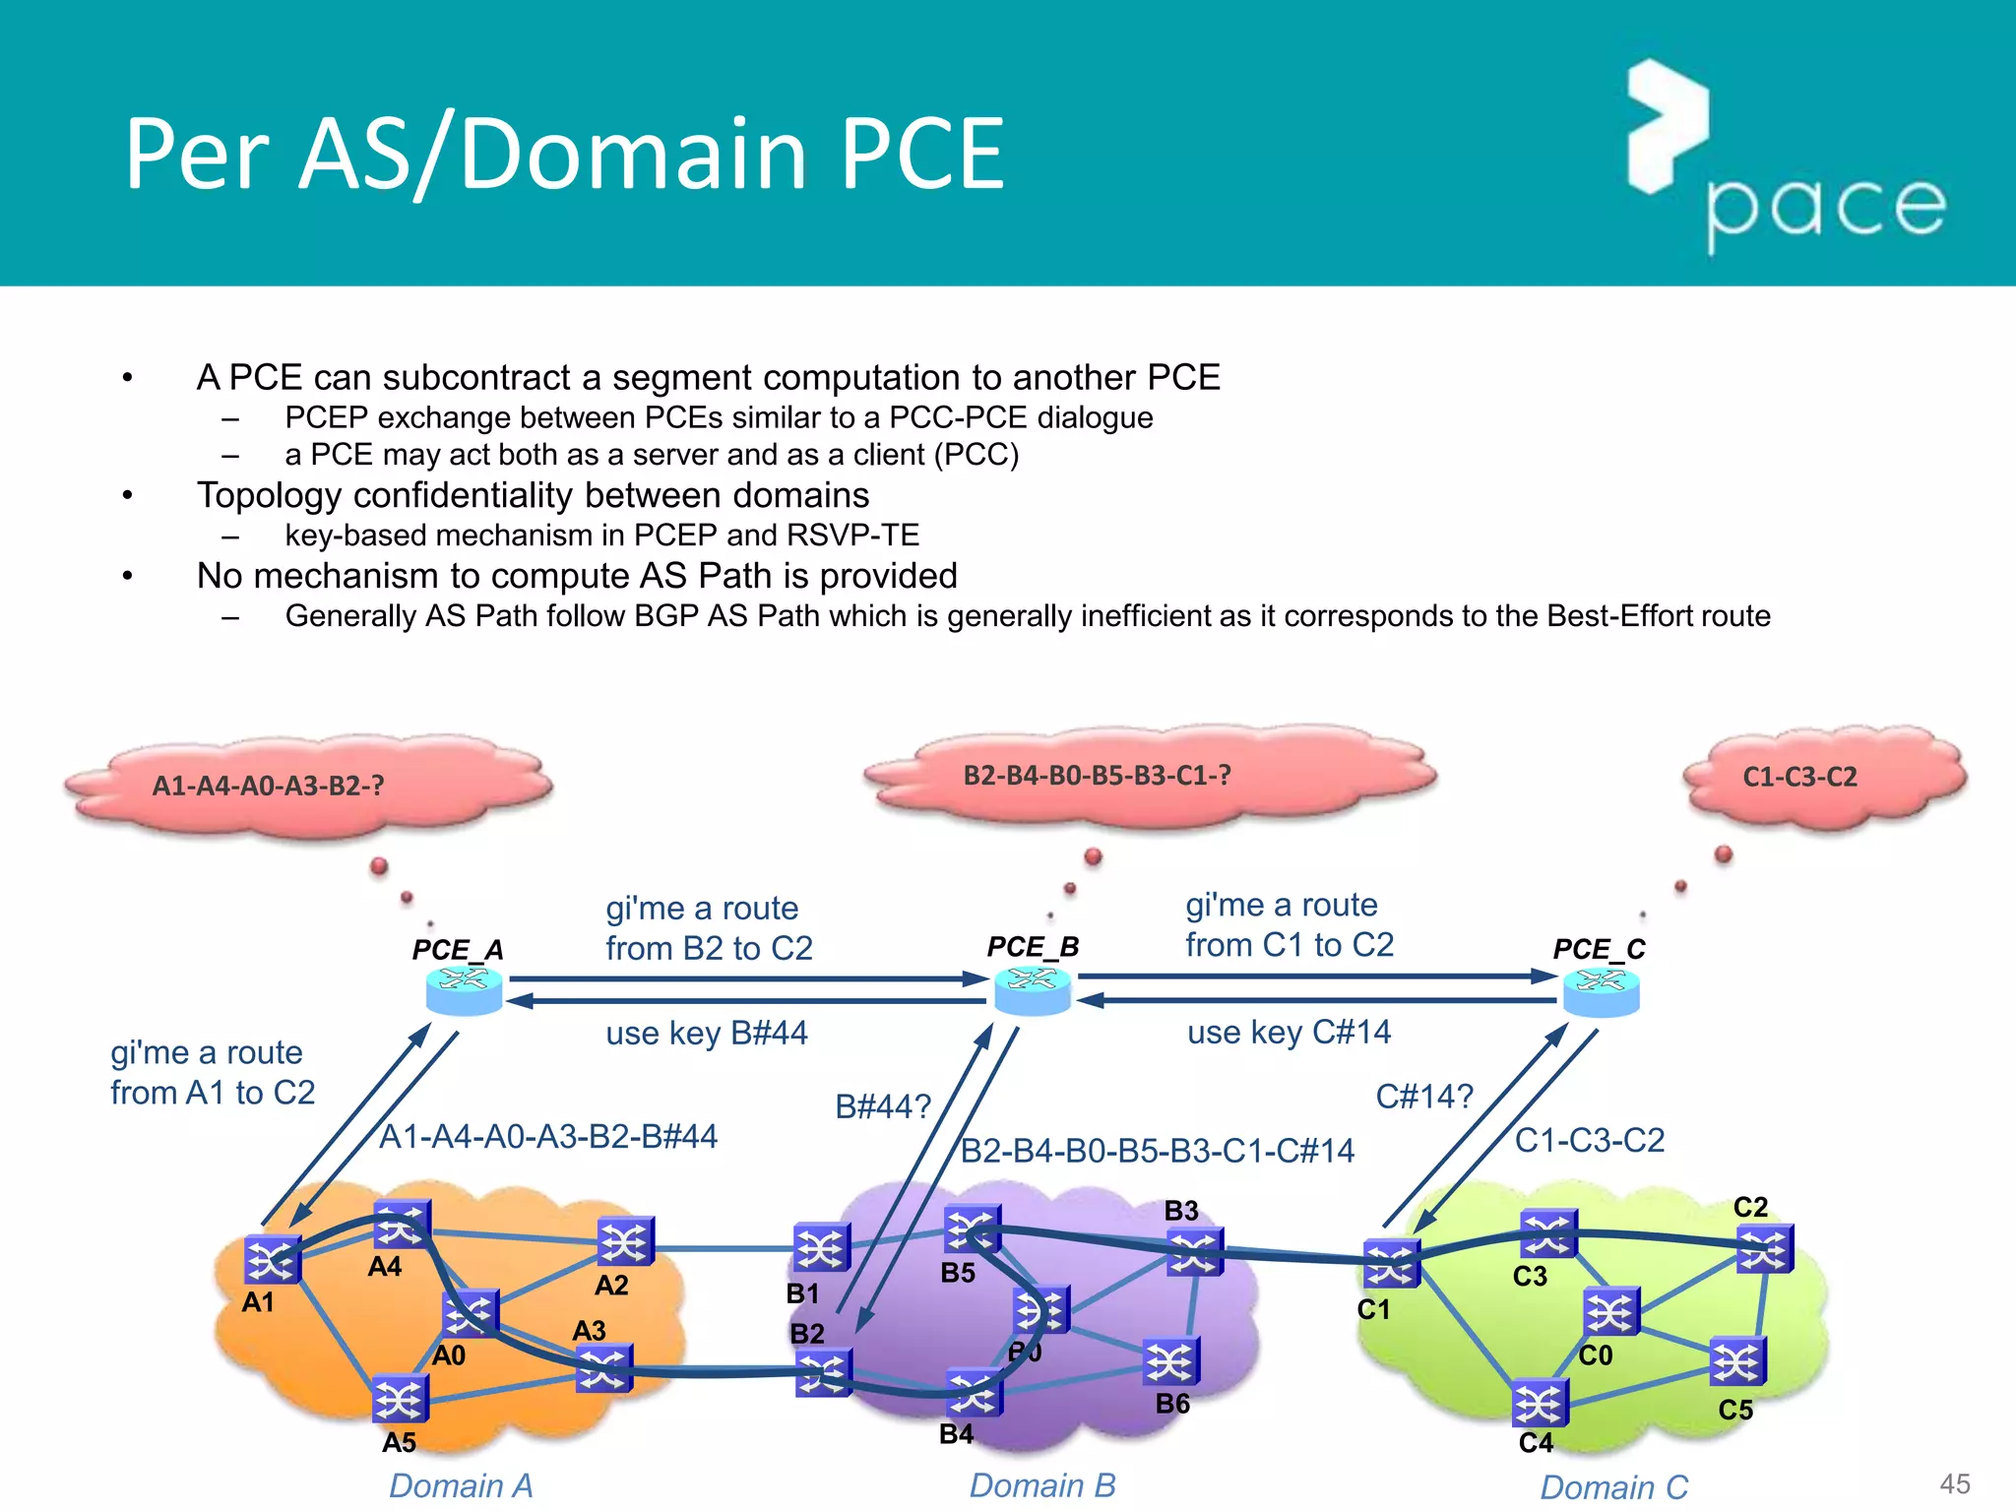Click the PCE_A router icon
point(464,990)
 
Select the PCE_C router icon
point(1602,991)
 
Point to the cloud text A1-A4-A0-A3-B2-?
point(268,786)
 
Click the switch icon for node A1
point(271,1259)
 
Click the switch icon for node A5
point(400,1399)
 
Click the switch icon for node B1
point(821,1248)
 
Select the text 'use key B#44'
point(706,1033)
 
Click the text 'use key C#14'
point(1289,1032)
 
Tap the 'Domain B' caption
point(1041,1484)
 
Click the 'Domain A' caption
point(461,1484)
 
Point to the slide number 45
point(1954,1483)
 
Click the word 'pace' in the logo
point(1825,209)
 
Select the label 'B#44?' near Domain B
point(882,1106)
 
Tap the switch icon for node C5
point(1737,1362)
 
